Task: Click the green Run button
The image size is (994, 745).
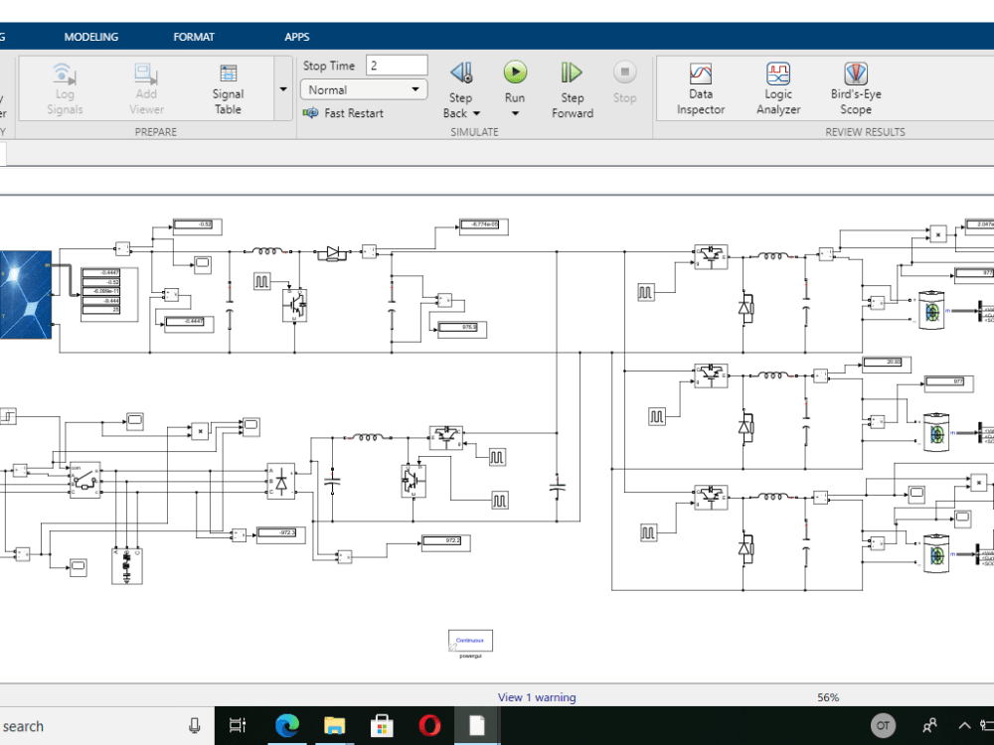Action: click(x=515, y=73)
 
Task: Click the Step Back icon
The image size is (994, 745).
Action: click(x=460, y=73)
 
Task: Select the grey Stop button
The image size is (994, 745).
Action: click(x=624, y=73)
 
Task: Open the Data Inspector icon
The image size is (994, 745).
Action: click(x=701, y=74)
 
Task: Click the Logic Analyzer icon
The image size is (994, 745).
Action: click(x=778, y=74)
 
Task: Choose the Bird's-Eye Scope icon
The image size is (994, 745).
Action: click(x=856, y=74)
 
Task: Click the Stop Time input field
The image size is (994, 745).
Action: click(x=397, y=66)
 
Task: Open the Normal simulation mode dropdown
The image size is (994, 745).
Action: click(x=364, y=89)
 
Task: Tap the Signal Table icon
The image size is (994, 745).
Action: click(x=229, y=74)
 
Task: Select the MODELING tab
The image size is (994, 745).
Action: click(x=91, y=37)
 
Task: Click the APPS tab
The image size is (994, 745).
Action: click(x=297, y=37)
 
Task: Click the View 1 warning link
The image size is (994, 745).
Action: click(x=537, y=697)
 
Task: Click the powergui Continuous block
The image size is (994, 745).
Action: click(x=470, y=641)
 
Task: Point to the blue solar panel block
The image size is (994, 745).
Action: click(x=26, y=294)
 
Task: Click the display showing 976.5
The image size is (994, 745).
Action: click(x=456, y=326)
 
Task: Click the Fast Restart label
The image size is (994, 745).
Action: click(x=353, y=113)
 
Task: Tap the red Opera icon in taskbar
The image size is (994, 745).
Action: click(x=429, y=726)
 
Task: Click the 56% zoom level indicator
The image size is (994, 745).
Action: click(x=828, y=697)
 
